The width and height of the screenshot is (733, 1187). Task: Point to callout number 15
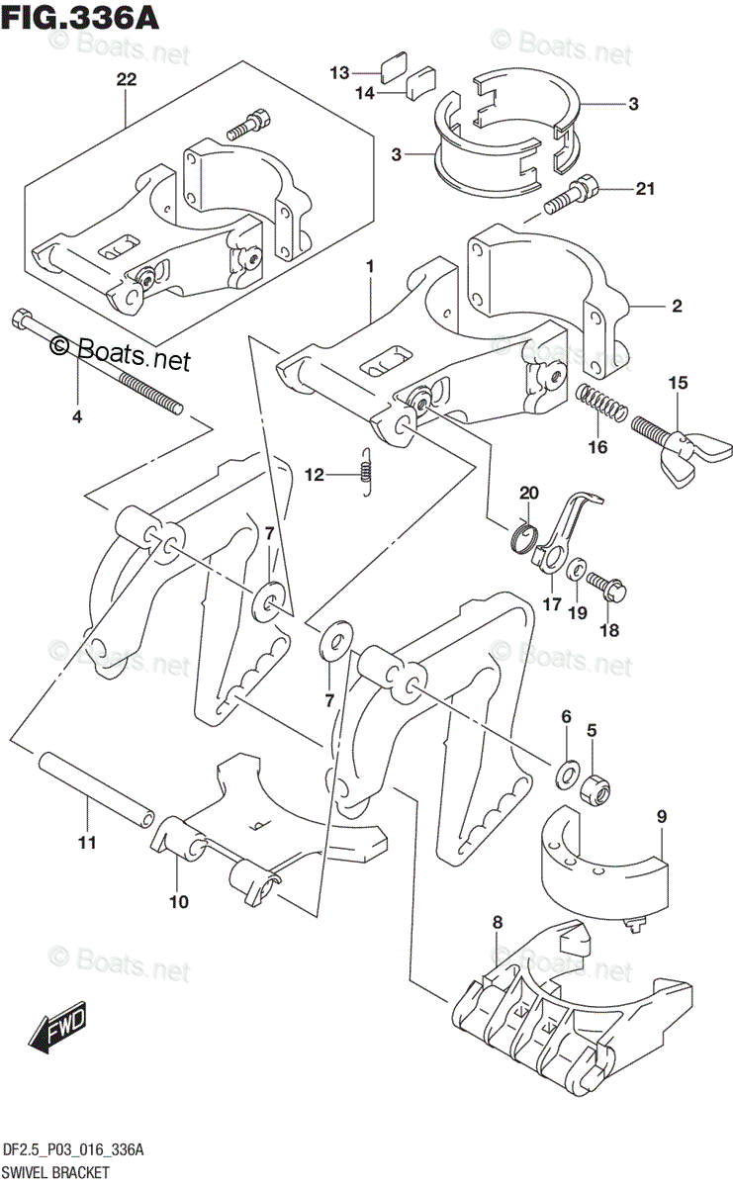pyautogui.click(x=677, y=382)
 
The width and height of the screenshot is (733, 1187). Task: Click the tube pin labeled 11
pyautogui.click(x=98, y=786)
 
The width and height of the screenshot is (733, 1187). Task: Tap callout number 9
pyautogui.click(x=662, y=817)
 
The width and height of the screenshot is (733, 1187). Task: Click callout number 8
pyautogui.click(x=497, y=922)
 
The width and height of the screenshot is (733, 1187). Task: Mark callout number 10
pyautogui.click(x=178, y=901)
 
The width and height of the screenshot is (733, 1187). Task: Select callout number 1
pyautogui.click(x=370, y=266)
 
